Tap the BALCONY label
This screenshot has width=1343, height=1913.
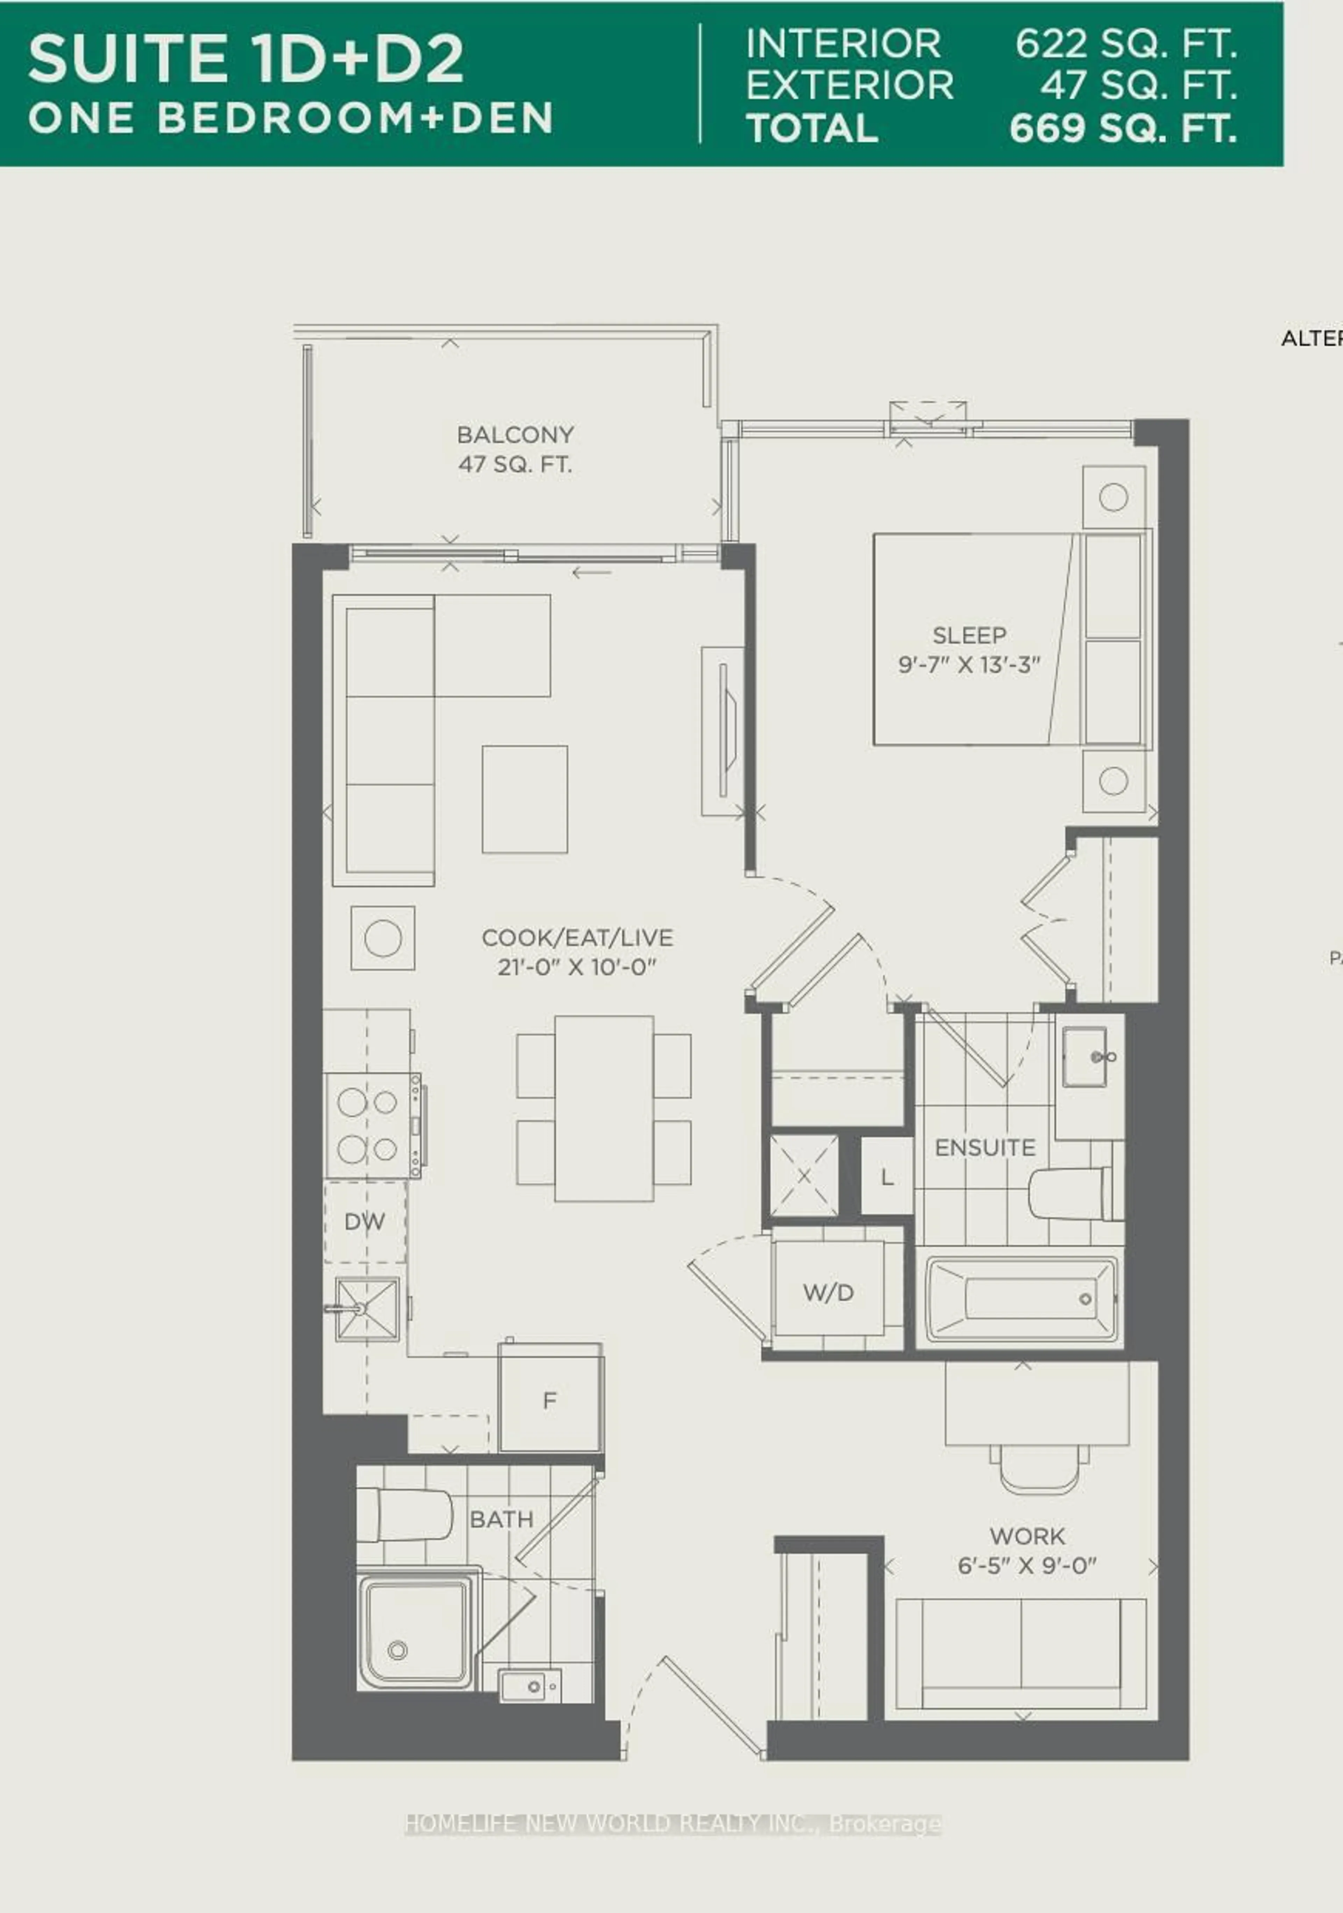click(515, 435)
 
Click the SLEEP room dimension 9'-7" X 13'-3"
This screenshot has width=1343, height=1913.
click(969, 665)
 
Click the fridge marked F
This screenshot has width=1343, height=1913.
click(549, 1401)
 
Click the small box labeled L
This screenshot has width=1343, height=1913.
click(886, 1177)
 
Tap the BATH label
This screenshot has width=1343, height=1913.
click(501, 1519)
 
